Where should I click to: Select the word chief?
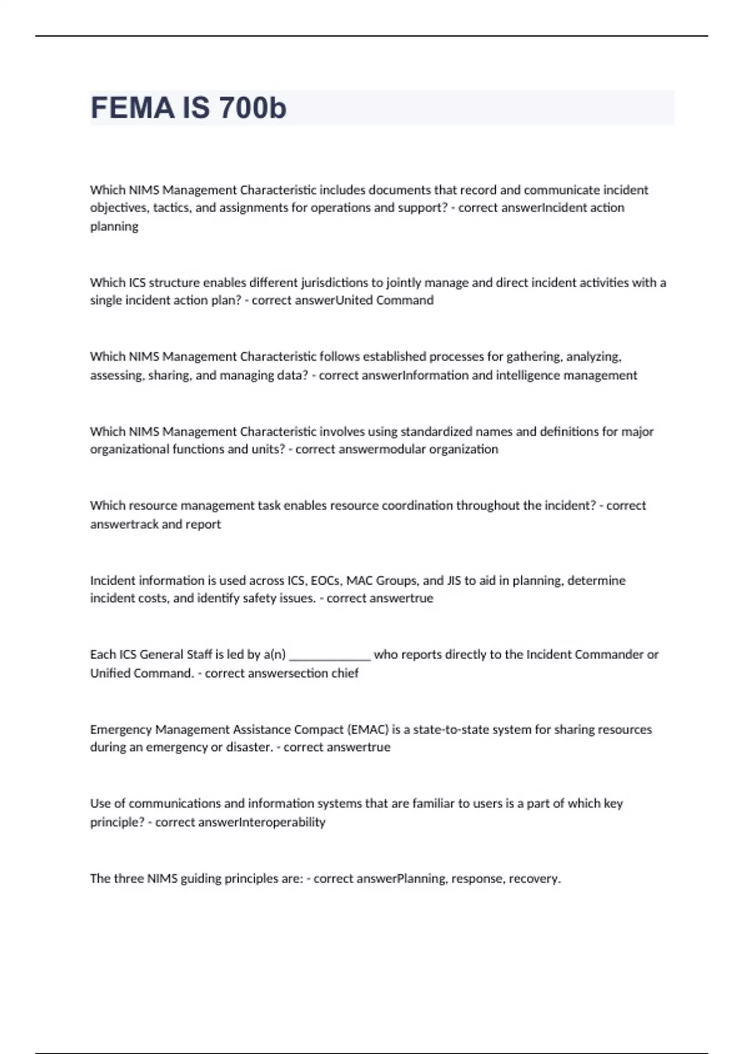345,673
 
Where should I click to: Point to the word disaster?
249,747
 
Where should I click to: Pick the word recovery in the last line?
534,879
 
